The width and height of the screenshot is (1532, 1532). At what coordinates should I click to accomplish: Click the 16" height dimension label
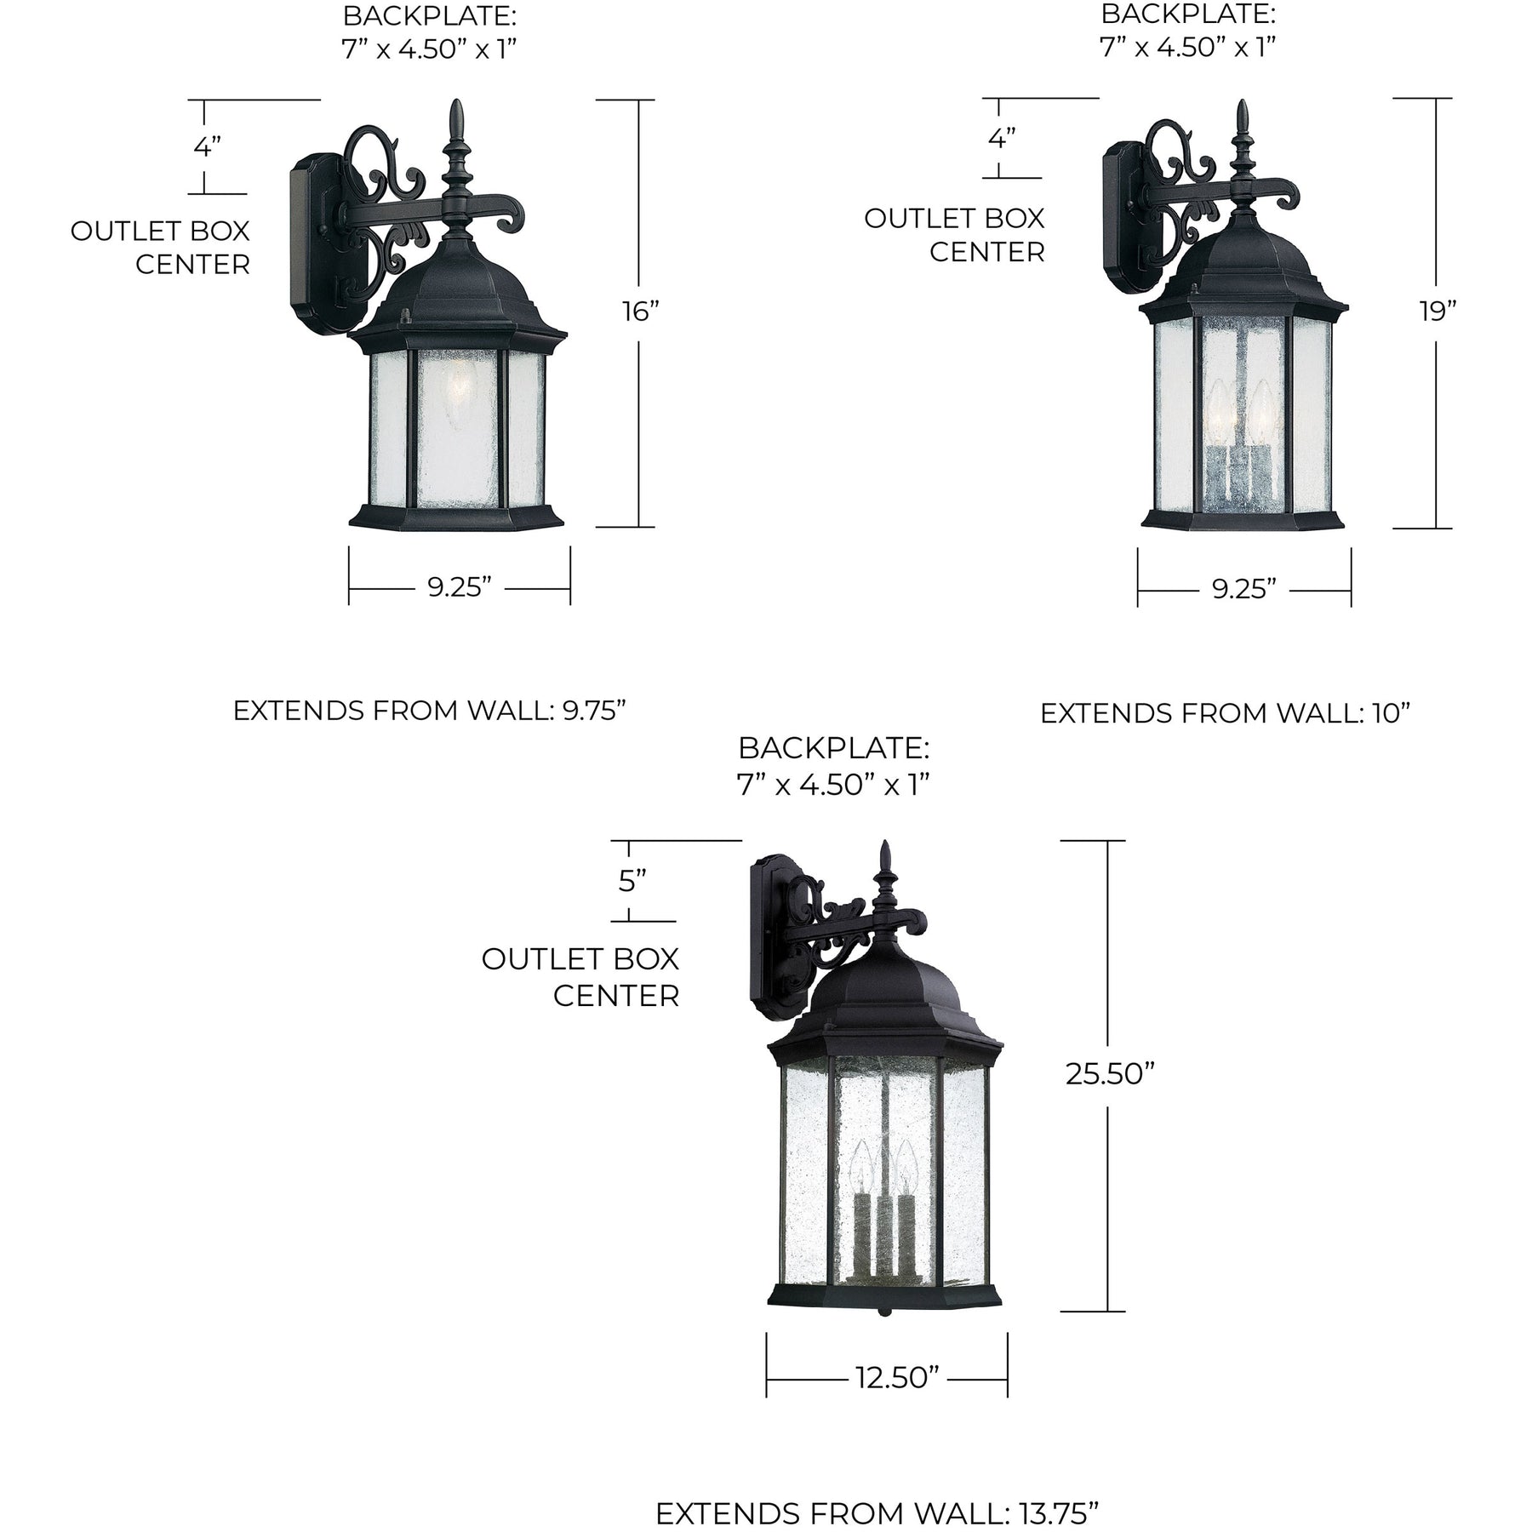[x=640, y=312]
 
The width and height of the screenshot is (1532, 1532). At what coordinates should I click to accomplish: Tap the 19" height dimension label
[x=1437, y=312]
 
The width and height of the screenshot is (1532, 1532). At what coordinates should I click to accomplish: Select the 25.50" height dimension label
[x=1109, y=1074]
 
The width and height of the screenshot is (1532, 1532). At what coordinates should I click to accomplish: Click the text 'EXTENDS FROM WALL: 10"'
[x=1226, y=713]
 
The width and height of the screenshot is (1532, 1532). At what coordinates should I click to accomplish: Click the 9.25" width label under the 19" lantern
[x=1244, y=589]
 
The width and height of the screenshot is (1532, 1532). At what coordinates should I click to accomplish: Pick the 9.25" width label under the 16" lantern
[x=460, y=587]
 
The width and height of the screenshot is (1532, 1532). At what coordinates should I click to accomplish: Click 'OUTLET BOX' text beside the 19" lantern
[x=954, y=219]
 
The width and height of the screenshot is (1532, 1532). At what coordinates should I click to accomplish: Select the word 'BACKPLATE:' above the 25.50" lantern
[x=833, y=748]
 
